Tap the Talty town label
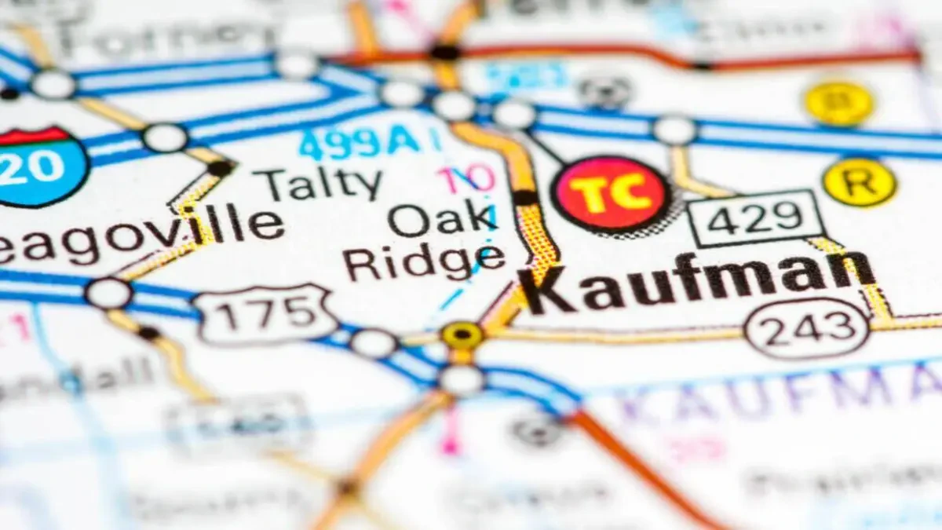[x=322, y=184]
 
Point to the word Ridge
[x=425, y=261]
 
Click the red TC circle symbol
[x=612, y=193]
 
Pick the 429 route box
[x=756, y=217]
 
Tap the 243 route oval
[x=806, y=328]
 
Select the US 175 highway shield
[x=267, y=315]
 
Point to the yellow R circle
[x=859, y=182]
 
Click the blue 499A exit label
[x=360, y=143]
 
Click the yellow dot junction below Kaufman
[x=462, y=335]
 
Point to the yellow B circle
[x=838, y=103]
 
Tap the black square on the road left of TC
[x=525, y=197]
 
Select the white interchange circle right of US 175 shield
[x=374, y=343]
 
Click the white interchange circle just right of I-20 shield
[x=165, y=138]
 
